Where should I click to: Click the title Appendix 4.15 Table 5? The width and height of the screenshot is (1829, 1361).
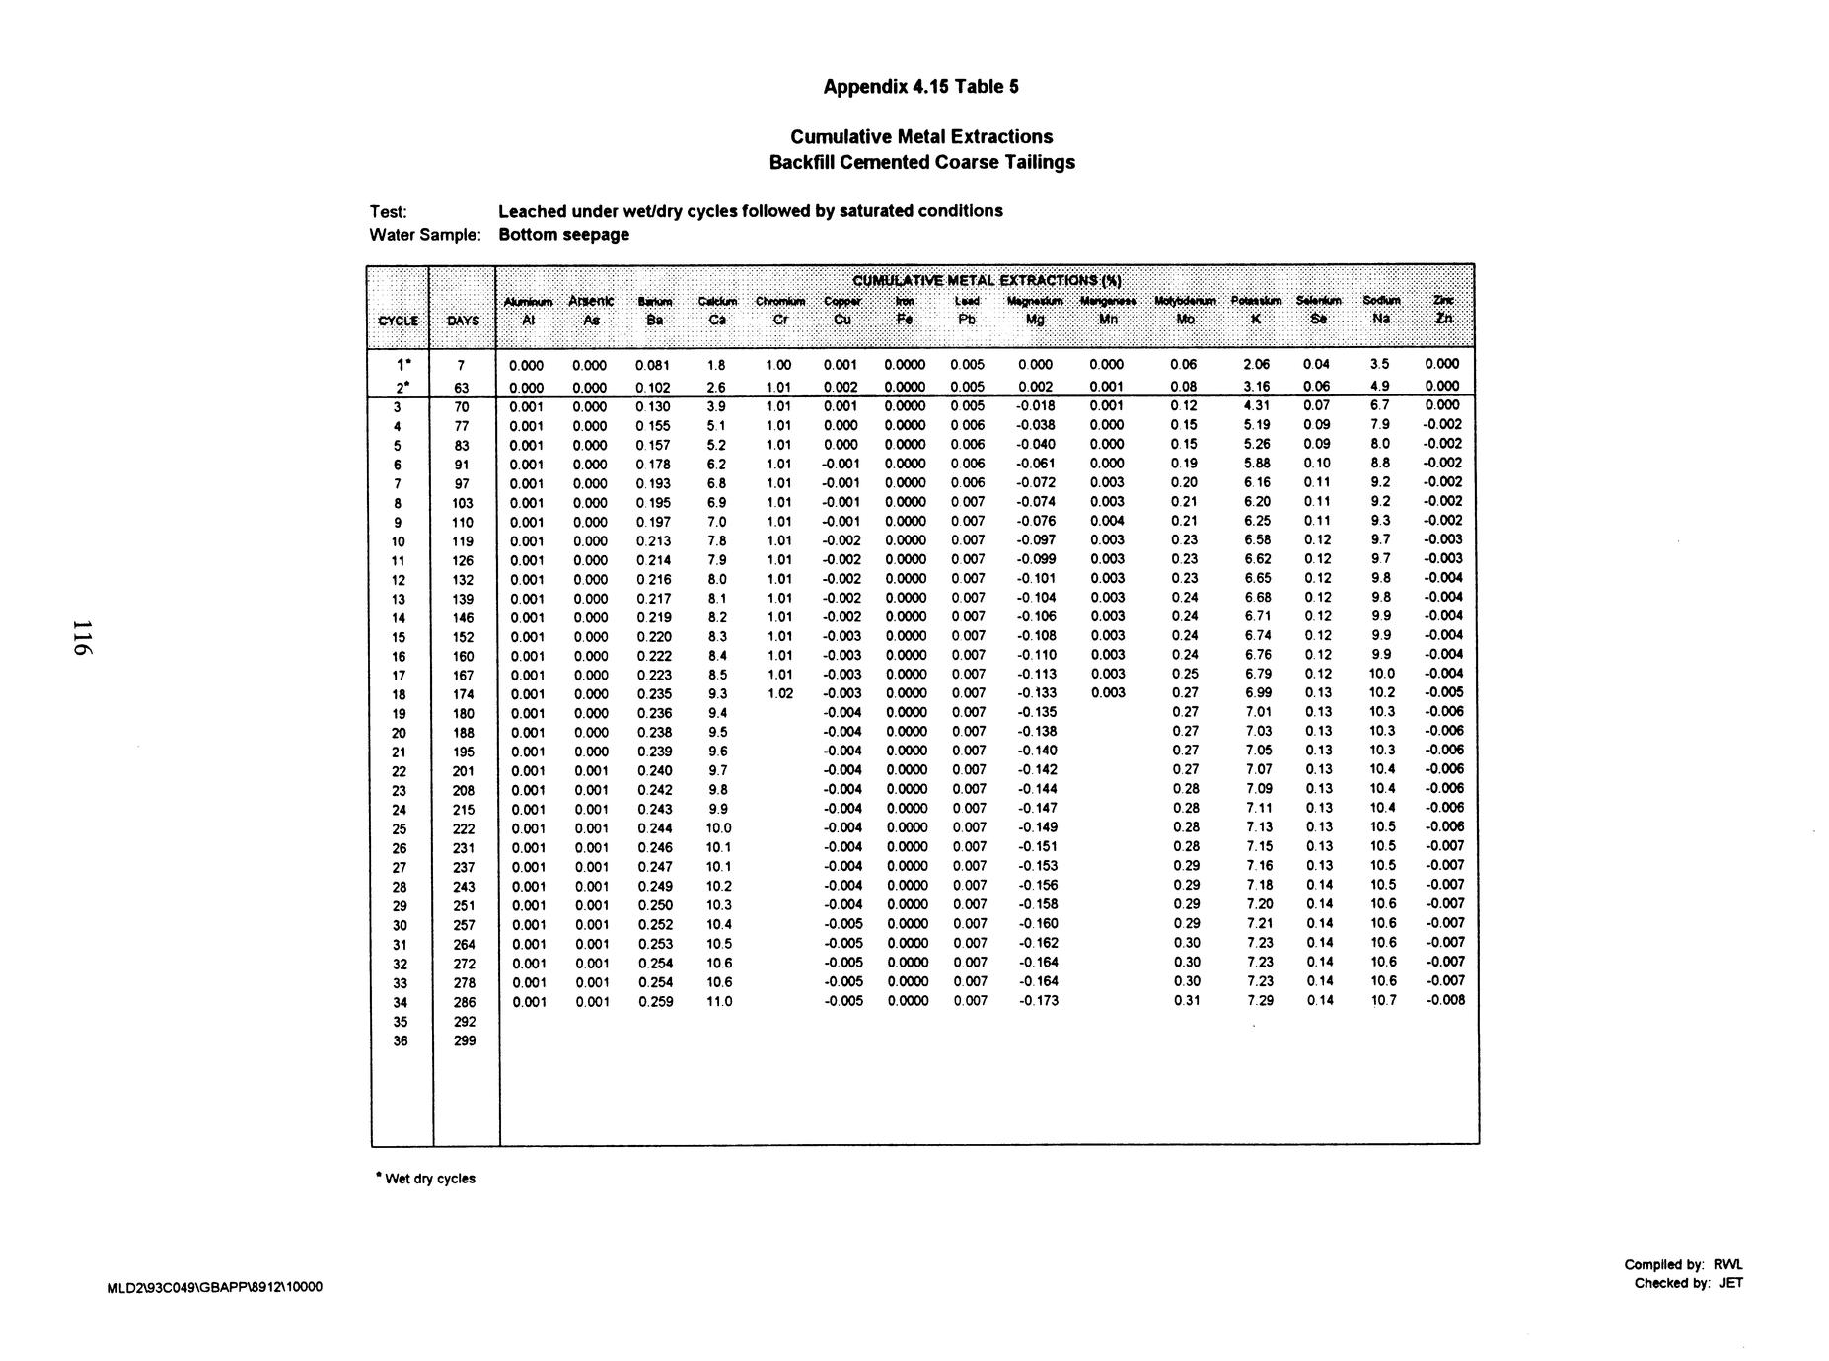click(921, 87)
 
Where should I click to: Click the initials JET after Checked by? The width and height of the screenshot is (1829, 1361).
click(1730, 1283)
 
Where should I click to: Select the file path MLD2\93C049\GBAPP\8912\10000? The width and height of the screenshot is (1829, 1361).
click(214, 1287)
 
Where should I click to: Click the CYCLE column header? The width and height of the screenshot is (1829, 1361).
click(399, 321)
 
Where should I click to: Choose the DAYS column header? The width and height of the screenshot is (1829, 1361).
click(463, 321)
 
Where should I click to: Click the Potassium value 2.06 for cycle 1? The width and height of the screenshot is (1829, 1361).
click(1257, 365)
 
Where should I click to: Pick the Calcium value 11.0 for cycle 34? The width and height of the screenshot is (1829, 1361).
click(720, 1001)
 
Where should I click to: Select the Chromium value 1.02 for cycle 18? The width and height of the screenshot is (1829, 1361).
click(779, 693)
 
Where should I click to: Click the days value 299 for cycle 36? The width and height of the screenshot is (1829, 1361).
click(464, 1040)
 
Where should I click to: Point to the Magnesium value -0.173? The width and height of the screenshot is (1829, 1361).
click(1037, 1001)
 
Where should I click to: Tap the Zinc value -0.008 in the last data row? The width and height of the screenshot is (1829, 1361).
click(1444, 1000)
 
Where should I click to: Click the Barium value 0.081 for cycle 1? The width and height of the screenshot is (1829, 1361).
click(653, 365)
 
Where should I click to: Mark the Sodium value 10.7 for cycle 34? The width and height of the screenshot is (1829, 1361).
click(1382, 1000)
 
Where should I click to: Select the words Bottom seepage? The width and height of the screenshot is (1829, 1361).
click(563, 235)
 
